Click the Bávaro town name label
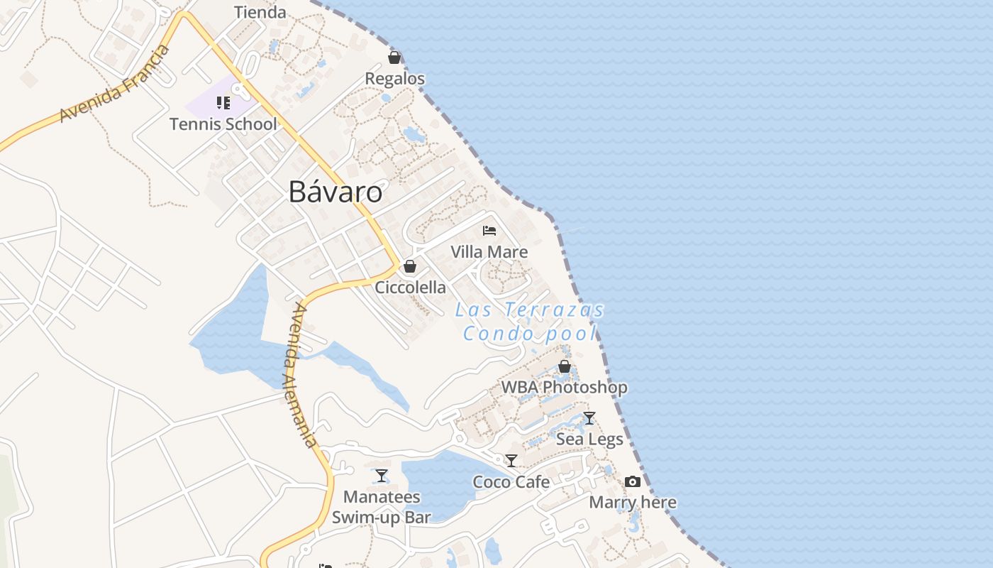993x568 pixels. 335,192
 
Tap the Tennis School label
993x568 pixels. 223,124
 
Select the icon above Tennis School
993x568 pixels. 223,103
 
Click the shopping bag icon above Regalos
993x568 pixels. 394,58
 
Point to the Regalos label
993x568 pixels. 395,79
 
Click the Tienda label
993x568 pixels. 260,12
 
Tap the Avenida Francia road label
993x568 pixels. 116,84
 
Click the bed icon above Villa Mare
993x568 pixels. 489,230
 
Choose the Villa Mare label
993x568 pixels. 489,252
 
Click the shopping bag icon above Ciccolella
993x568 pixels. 409,266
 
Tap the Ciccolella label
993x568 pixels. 410,288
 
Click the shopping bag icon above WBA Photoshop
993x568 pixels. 565,366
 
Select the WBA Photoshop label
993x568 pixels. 565,388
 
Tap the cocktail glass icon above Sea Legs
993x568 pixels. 589,418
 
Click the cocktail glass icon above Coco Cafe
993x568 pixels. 511,461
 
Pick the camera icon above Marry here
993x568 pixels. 633,481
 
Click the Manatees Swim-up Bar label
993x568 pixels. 382,507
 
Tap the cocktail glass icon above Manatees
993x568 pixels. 382,476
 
